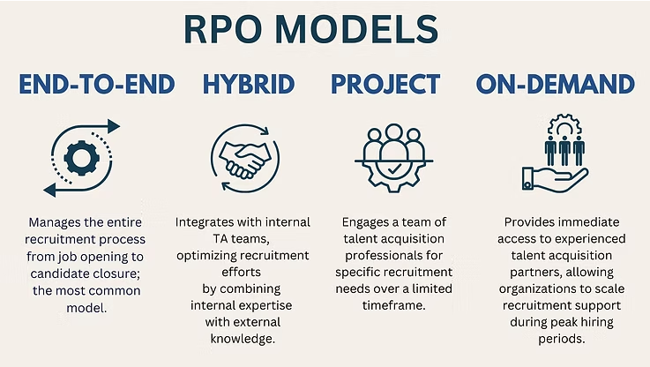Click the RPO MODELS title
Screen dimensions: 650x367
click(x=311, y=29)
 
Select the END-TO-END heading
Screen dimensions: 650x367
click(x=97, y=84)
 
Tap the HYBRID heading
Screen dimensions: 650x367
click(x=249, y=84)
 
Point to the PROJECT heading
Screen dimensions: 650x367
click(x=385, y=84)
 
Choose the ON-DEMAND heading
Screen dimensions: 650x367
click(x=555, y=84)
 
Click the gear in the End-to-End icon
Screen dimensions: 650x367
click(x=82, y=158)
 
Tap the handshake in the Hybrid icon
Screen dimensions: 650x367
click(x=245, y=160)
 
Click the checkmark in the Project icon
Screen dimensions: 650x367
click(x=394, y=169)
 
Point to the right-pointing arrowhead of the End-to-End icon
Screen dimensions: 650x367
click(x=114, y=126)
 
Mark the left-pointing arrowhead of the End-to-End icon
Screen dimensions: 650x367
click(x=49, y=191)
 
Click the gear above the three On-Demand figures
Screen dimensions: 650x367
click(x=564, y=125)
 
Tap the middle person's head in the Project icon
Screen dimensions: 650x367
click(x=394, y=132)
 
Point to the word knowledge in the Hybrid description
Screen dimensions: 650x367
click(x=243, y=339)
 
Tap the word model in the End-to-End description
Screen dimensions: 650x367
click(x=86, y=308)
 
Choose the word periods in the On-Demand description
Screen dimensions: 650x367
click(x=561, y=339)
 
